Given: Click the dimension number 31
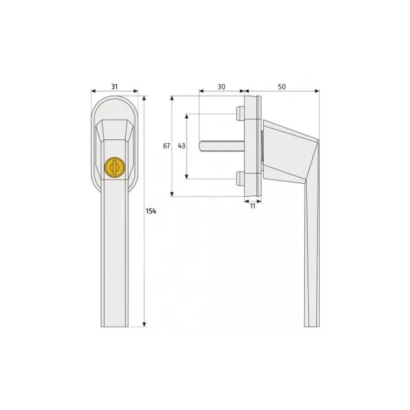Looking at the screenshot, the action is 115,87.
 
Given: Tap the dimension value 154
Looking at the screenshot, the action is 151,211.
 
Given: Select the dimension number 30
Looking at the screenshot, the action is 221,87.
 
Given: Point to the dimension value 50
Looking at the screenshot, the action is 282,87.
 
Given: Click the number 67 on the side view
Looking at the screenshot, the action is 167,146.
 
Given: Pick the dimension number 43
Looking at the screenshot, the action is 182,146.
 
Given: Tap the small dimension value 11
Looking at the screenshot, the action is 253,206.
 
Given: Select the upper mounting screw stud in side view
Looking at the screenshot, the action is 241,113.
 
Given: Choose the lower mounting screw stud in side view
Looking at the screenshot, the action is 241,178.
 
